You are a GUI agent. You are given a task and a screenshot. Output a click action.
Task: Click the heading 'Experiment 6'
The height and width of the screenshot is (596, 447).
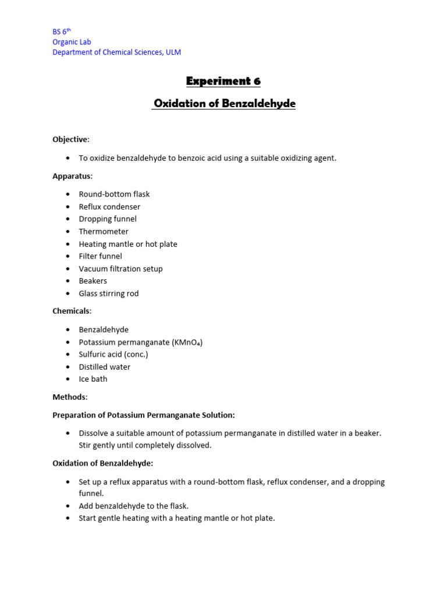pos(223,81)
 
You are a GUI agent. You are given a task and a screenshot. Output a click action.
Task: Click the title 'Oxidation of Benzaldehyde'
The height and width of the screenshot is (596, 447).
pos(224,104)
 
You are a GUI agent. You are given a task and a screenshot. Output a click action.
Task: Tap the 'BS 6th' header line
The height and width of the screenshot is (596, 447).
pos(62,32)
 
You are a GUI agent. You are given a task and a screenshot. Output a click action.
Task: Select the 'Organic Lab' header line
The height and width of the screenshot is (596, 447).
pos(72,42)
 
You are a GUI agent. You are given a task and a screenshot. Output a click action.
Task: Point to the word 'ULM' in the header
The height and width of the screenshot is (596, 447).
pos(173,52)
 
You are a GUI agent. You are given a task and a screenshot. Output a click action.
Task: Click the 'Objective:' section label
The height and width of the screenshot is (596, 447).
pos(71,140)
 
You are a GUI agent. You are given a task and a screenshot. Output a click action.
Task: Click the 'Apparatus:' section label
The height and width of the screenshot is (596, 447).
pos(72,176)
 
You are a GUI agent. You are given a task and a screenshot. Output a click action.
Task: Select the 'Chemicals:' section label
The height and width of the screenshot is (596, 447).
pos(72,311)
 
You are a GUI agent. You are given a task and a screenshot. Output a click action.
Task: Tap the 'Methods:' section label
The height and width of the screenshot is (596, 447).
pos(70,397)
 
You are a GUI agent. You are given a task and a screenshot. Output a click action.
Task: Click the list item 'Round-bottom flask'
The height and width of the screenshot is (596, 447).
pos(114,194)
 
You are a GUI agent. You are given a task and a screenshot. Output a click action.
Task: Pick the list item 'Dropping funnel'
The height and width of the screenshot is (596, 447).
pos(108,219)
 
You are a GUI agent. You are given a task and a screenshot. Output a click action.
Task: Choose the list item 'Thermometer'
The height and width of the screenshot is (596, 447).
pos(104,232)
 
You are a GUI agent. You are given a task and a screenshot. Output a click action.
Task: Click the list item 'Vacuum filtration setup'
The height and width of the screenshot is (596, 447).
pos(120,269)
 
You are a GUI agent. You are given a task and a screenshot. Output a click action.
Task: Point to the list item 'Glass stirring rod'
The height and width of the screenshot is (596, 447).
pos(109,293)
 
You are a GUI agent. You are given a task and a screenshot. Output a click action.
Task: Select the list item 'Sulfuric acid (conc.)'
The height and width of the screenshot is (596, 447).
pos(113,354)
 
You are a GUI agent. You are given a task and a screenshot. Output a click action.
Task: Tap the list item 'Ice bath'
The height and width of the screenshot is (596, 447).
pos(93,379)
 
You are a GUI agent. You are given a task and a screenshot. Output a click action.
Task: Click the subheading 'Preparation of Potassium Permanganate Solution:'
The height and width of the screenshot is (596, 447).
pos(144,415)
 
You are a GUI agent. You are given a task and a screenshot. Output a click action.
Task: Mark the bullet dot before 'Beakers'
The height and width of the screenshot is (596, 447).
pos(68,281)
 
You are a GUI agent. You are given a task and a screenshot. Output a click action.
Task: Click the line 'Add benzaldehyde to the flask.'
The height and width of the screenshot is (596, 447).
pos(134,506)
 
